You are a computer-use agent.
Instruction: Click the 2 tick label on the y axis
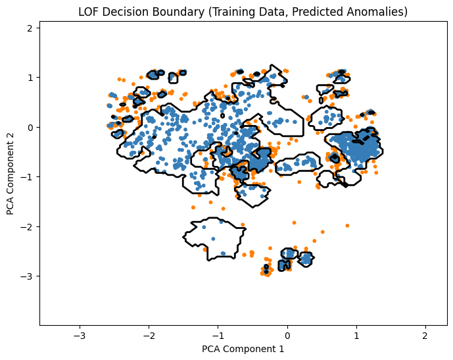pos(30,28)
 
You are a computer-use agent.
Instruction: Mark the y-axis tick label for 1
pos(30,78)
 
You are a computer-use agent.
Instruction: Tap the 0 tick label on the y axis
pos(30,127)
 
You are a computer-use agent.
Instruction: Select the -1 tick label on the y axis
pos(28,177)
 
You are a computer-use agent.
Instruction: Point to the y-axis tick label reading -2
pos(28,226)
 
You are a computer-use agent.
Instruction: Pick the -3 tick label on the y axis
pos(28,276)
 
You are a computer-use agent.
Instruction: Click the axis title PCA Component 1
pos(244,349)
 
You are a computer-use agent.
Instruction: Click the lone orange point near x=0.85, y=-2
pos(346,225)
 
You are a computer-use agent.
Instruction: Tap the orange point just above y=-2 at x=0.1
pos(294,222)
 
